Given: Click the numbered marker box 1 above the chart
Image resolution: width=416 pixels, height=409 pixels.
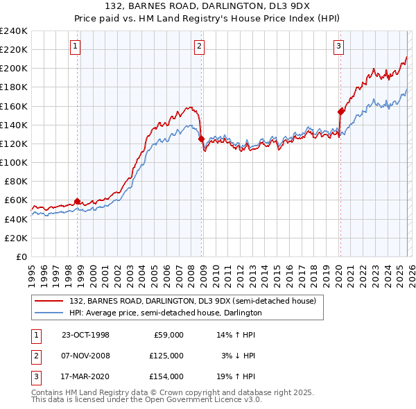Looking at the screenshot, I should point(74,47).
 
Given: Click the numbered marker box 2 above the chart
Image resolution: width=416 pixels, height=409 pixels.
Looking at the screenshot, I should point(199,47).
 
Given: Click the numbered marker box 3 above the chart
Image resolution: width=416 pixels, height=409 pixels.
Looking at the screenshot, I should point(338,47).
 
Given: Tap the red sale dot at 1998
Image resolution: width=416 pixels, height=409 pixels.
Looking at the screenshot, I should point(77,201).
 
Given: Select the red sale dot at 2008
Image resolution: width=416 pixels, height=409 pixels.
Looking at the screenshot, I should point(202,139).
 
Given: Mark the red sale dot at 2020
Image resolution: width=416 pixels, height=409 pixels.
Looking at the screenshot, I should point(340,112).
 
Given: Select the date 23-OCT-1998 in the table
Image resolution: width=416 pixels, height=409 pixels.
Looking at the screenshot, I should point(85,335).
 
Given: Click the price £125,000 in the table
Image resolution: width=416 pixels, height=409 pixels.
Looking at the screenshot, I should point(166,356).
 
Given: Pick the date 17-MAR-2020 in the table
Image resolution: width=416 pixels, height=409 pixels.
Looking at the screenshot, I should point(85,376).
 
